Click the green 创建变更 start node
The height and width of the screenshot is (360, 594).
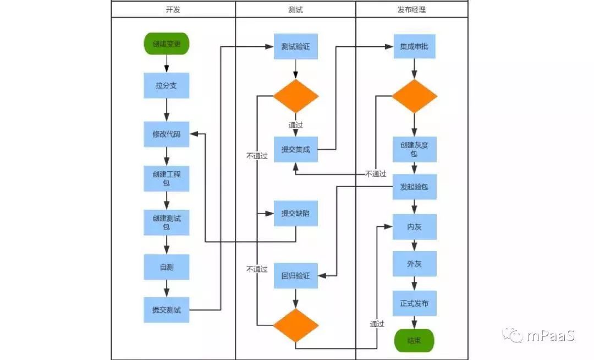tap(166, 43)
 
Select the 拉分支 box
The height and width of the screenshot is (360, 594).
tap(166, 86)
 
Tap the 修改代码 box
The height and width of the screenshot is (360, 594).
tap(166, 134)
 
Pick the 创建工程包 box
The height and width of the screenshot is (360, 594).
tap(166, 178)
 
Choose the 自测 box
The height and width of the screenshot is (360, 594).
tap(166, 267)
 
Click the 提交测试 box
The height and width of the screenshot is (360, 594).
tap(166, 310)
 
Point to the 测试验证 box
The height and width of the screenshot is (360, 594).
tap(296, 47)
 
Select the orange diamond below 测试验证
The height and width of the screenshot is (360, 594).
tap(296, 96)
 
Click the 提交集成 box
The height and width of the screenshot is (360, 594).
tap(296, 149)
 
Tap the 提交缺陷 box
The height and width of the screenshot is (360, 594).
tap(296, 214)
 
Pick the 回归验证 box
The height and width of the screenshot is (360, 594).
tap(296, 275)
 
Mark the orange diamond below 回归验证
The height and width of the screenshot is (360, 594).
tap(296, 325)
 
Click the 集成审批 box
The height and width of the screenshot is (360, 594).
tap(415, 47)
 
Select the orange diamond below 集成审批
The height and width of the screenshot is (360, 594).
tap(415, 96)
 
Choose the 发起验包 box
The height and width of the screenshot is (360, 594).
tap(415, 187)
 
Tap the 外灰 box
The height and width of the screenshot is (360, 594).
tap(415, 264)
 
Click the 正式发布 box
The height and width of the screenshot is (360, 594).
tap(415, 303)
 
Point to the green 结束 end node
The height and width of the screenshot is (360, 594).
tap(415, 341)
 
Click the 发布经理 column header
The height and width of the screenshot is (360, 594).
tap(412, 9)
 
